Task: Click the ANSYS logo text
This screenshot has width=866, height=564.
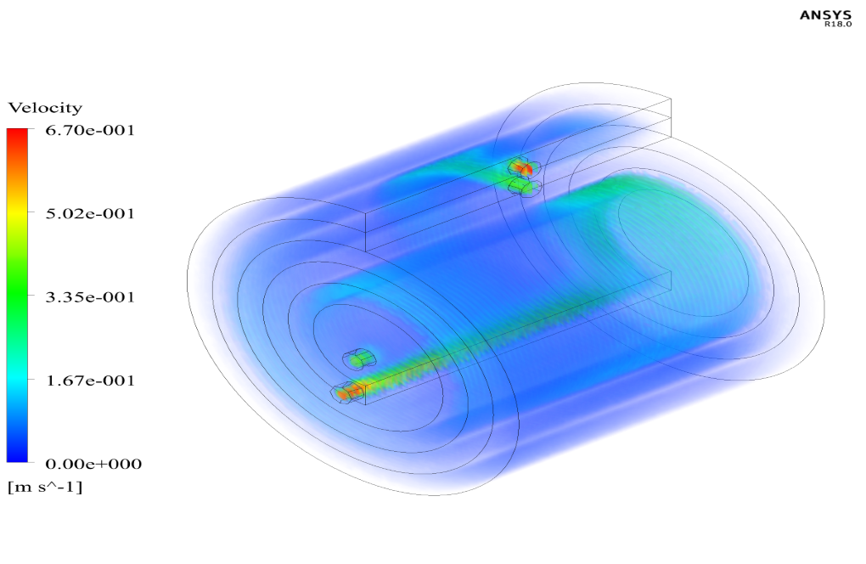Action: pyautogui.click(x=826, y=15)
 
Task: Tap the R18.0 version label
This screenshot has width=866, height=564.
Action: pyautogui.click(x=838, y=25)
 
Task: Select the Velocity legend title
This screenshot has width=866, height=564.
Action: pyautogui.click(x=45, y=107)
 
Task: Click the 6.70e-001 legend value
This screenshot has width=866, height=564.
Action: pyautogui.click(x=90, y=130)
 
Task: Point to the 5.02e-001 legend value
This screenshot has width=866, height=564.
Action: pyautogui.click(x=90, y=214)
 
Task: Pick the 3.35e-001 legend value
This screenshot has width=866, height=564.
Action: pyautogui.click(x=90, y=297)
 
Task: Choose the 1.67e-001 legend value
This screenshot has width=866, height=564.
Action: pyautogui.click(x=90, y=381)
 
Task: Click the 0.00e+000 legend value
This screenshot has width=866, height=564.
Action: pyautogui.click(x=93, y=464)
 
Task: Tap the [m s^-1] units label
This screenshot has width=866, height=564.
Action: pyautogui.click(x=45, y=488)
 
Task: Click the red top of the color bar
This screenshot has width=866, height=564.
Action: pyautogui.click(x=17, y=135)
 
